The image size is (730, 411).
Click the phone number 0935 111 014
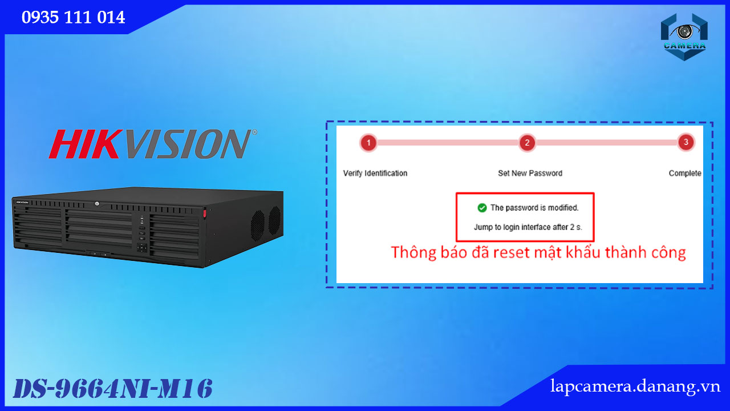(74, 17)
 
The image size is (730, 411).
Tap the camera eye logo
(684, 37)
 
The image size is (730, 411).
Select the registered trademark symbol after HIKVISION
(254, 132)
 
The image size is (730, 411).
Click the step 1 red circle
(368, 143)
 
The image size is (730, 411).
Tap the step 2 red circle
(527, 143)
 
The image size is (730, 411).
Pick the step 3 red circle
(686, 142)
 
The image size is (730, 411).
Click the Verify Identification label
(375, 173)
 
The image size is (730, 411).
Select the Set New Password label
(530, 173)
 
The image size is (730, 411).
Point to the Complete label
(685, 173)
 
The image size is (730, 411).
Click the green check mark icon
(482, 208)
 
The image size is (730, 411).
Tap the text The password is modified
(534, 208)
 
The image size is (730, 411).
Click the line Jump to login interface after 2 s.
(528, 227)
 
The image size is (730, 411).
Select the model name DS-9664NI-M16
(113, 389)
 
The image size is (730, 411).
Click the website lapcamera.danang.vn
(635, 386)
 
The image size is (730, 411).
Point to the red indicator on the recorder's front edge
(205, 213)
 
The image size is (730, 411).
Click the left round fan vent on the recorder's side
(257, 225)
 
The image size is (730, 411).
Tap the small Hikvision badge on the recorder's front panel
(22, 203)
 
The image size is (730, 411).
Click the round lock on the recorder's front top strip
(97, 204)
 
